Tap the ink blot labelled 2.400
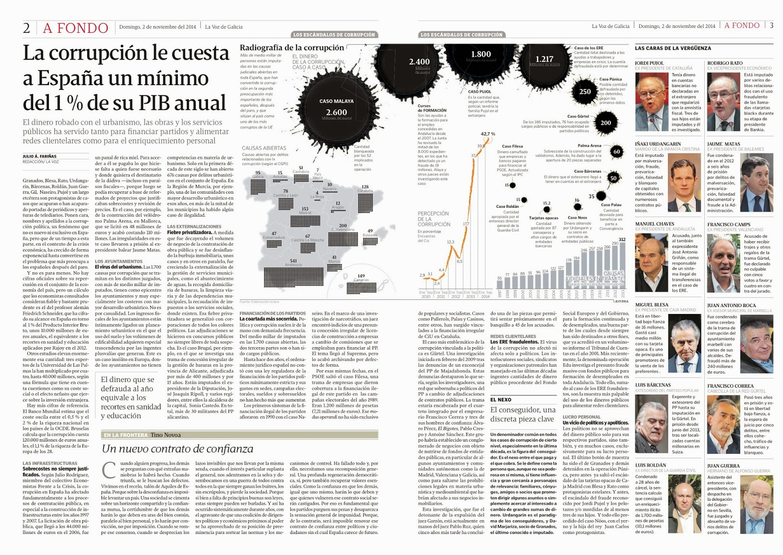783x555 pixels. tap(419, 62)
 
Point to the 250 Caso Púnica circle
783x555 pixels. tap(585, 91)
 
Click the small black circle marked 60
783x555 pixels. tap(617, 152)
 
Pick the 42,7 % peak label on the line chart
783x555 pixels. tap(487, 134)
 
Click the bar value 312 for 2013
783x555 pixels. tap(622, 240)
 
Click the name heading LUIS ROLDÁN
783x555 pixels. tap(650, 465)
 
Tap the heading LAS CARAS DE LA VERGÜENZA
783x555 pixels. tap(673, 48)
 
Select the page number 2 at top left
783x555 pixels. tap(26, 28)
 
